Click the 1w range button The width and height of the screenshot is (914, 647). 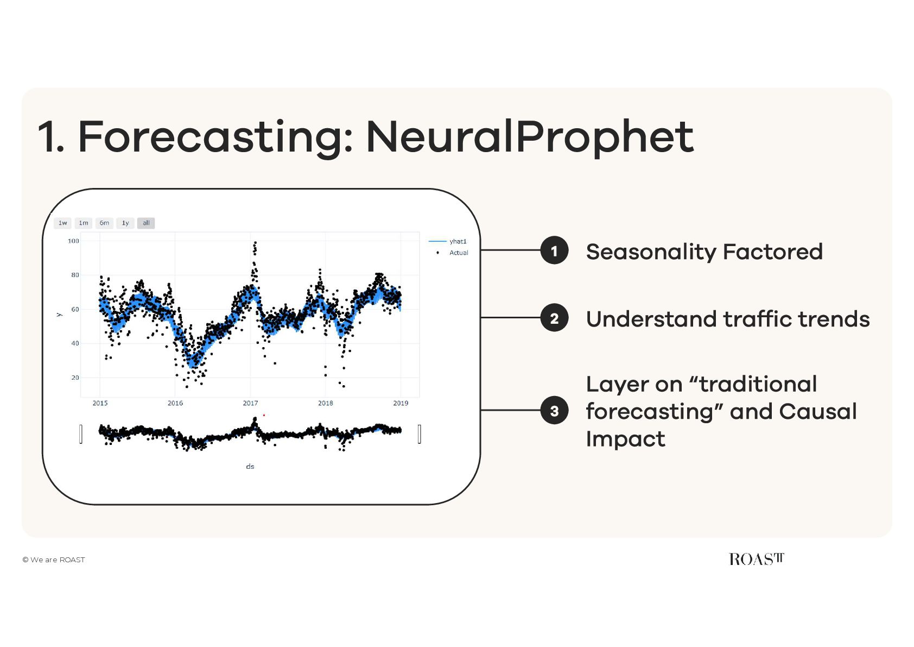pyautogui.click(x=62, y=223)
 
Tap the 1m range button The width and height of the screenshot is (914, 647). pyautogui.click(x=83, y=223)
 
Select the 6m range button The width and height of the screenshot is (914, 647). pyautogui.click(x=104, y=223)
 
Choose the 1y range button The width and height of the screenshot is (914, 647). pyautogui.click(x=125, y=223)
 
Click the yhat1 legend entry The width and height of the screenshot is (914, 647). pyautogui.click(x=448, y=241)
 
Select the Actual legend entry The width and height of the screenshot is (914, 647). pyautogui.click(x=452, y=253)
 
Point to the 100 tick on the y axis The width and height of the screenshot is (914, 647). pyautogui.click(x=73, y=241)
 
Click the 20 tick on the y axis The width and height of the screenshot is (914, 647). pyautogui.click(x=75, y=378)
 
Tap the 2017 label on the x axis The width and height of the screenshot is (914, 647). pyautogui.click(x=250, y=403)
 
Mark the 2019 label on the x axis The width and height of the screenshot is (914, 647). pyautogui.click(x=401, y=403)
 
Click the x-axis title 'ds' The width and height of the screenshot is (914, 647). pyautogui.click(x=250, y=466)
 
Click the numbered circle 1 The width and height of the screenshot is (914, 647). pyautogui.click(x=554, y=250)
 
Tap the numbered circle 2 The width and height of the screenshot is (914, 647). pyautogui.click(x=554, y=318)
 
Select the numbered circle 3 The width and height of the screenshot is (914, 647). pyautogui.click(x=554, y=410)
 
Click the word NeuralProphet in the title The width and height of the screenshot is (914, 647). pyautogui.click(x=530, y=137)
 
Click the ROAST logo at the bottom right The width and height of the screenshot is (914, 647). pyautogui.click(x=757, y=559)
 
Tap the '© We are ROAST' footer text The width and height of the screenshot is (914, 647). pyautogui.click(x=53, y=560)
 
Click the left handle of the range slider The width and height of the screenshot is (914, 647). pyautogui.click(x=81, y=434)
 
